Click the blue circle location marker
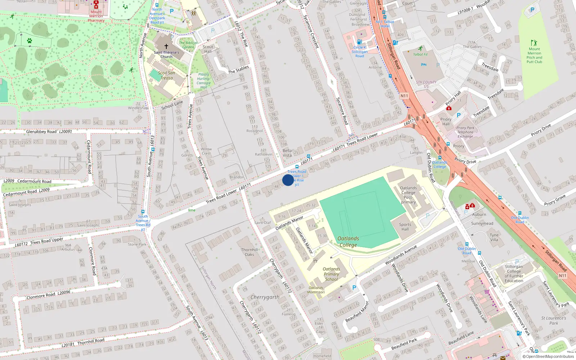coord(288,180)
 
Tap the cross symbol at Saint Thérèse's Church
coord(166,46)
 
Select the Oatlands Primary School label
coord(331,274)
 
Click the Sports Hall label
coord(405,227)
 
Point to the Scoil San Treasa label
coord(166,75)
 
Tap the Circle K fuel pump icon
coord(359,42)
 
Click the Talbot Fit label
coord(420,54)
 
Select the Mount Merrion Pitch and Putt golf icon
coord(534,43)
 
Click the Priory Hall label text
coord(446,122)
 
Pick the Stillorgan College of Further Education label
coord(514,274)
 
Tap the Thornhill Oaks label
coord(249,252)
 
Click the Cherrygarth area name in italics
coord(265,297)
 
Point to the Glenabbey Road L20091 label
coord(49,132)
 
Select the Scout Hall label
coord(208,49)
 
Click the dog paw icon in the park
coord(30,41)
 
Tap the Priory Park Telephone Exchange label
coord(465,132)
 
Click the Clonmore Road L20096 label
coord(48,295)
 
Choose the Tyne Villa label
coord(494,237)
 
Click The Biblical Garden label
coord(188,45)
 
